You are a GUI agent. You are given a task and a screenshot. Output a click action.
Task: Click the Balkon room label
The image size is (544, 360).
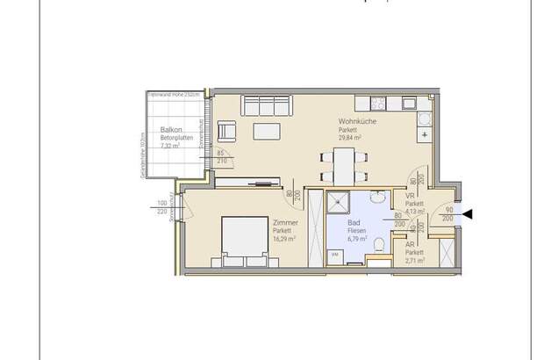[x=159, y=128]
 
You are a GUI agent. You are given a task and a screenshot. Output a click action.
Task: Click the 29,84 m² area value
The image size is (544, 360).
[x=351, y=138]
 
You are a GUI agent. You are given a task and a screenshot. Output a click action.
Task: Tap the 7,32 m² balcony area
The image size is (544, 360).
[x=169, y=145]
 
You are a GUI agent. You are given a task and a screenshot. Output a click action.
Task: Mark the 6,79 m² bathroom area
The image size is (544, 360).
[x=357, y=239]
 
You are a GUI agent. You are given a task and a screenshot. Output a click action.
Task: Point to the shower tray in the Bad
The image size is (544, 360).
[x=337, y=205]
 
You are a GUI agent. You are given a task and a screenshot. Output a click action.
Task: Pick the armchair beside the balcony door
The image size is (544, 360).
[x=227, y=132]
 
